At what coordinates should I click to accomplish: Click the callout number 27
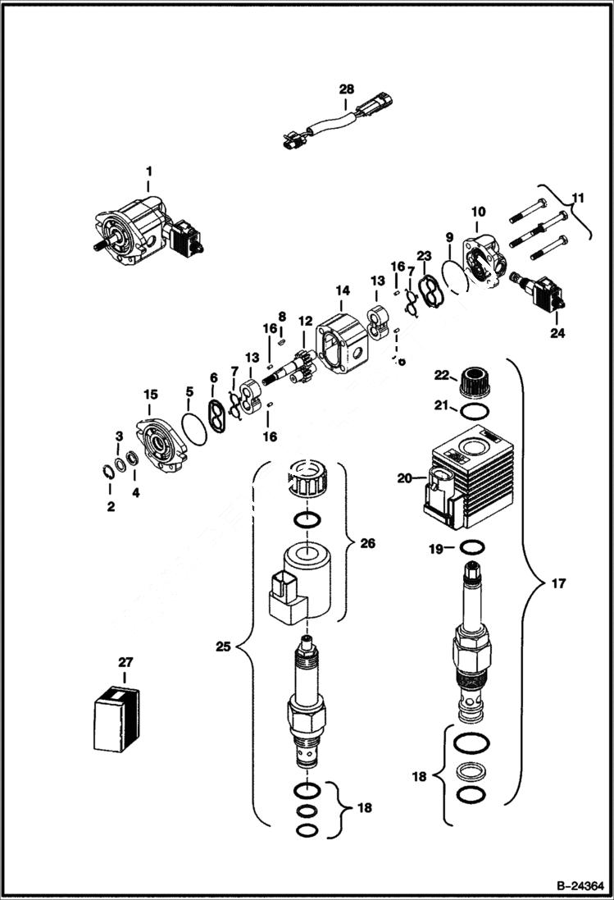124,661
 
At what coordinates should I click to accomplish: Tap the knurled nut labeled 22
471,381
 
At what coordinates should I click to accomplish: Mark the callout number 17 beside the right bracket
558,584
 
